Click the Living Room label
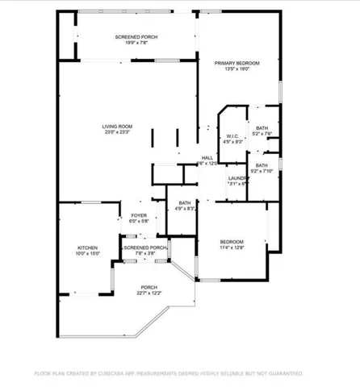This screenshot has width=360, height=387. point(117,127)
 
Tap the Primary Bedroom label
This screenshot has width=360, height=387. point(237,63)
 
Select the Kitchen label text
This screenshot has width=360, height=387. point(87,248)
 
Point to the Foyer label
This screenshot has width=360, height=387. point(139,215)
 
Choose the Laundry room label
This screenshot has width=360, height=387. point(237,178)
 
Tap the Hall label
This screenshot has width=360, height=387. point(207,157)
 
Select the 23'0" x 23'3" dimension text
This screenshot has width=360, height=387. point(117,134)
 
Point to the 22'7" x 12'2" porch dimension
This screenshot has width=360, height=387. point(149,293)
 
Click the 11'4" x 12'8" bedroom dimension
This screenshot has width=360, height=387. point(232,248)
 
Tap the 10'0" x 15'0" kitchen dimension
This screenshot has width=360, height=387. point(87,254)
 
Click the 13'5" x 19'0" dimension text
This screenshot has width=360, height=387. point(237,69)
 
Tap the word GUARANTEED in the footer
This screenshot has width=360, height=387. point(283,374)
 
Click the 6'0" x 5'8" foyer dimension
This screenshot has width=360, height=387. point(139,222)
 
